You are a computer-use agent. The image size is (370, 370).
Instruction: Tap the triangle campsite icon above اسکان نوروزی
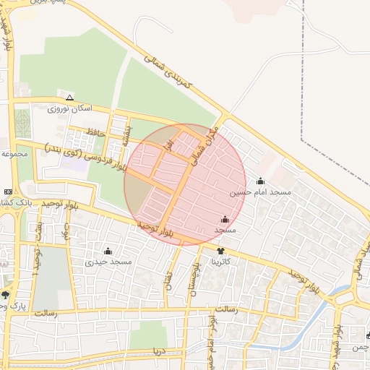[x=69, y=98]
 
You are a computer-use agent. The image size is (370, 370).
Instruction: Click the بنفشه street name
[x=128, y=134]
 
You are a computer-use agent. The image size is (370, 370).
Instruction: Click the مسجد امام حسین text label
[x=260, y=193]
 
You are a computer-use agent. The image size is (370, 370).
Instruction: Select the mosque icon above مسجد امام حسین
[x=260, y=181]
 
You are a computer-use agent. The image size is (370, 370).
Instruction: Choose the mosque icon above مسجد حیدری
[x=108, y=251]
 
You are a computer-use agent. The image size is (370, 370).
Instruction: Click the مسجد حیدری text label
[x=108, y=262]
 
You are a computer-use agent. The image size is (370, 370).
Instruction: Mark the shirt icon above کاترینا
[x=220, y=251]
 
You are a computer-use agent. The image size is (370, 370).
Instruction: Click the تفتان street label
[x=169, y=280]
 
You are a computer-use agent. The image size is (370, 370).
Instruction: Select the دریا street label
[x=158, y=351]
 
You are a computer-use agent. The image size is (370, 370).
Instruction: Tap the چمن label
[x=359, y=348]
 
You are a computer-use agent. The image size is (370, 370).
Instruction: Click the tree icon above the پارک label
[x=6, y=294]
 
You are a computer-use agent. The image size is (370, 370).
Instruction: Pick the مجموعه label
[x=14, y=153]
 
